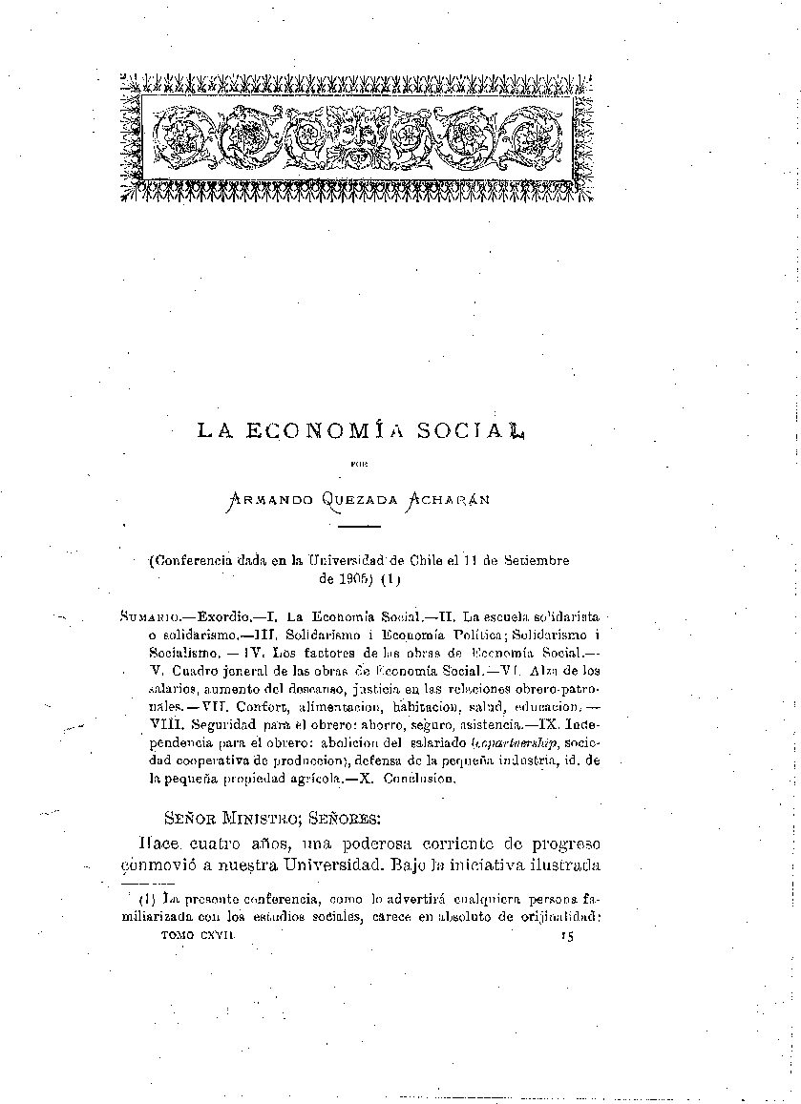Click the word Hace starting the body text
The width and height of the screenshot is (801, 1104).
(156, 844)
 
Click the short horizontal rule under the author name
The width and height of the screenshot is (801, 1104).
(360, 526)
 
